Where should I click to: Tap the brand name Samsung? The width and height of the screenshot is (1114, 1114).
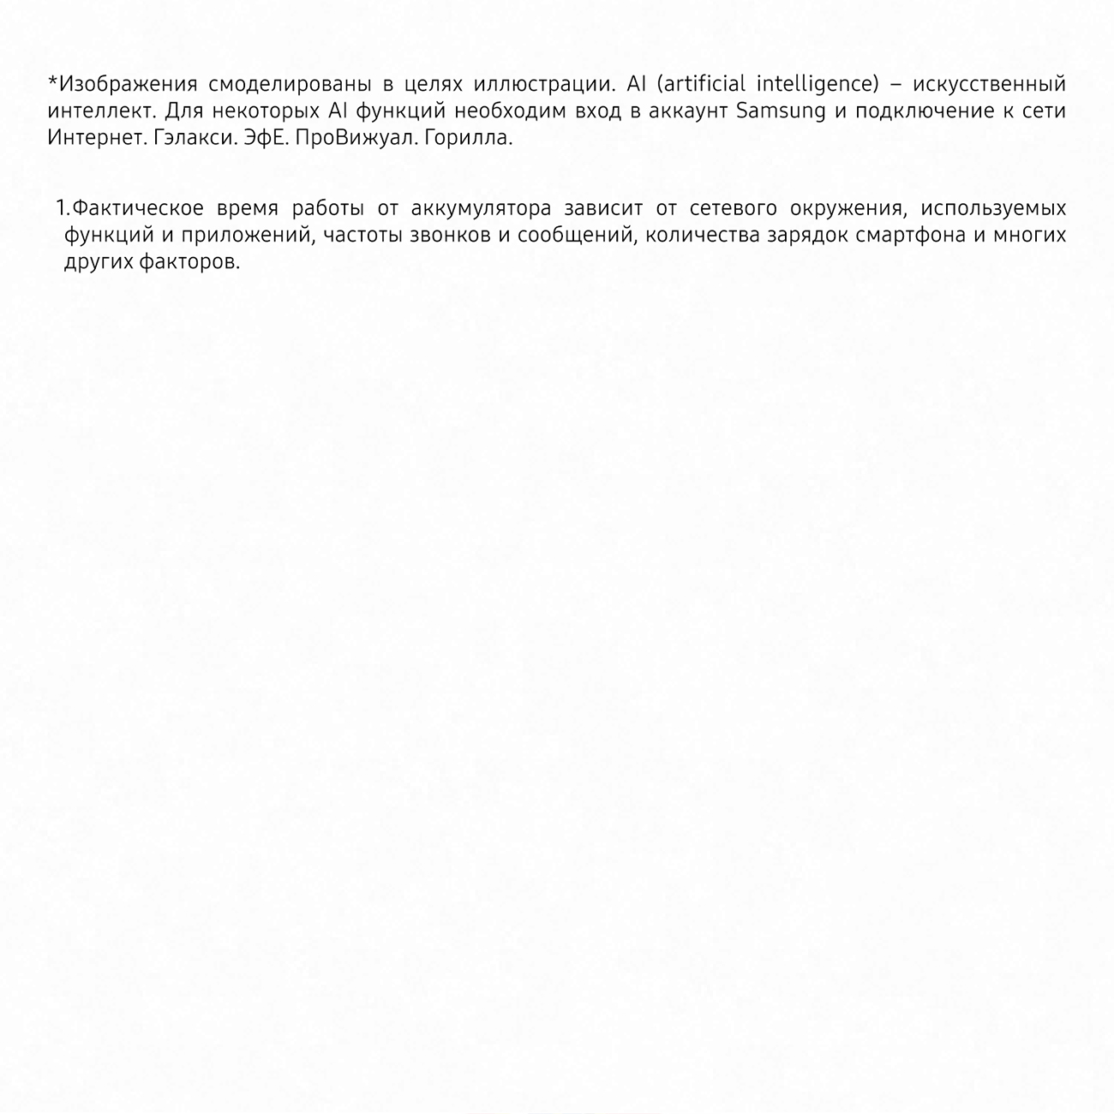coord(782,111)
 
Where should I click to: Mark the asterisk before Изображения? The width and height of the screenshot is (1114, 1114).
coord(52,82)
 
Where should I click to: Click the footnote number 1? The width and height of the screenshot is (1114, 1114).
coord(60,208)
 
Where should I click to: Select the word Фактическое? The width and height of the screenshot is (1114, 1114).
coord(138,208)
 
